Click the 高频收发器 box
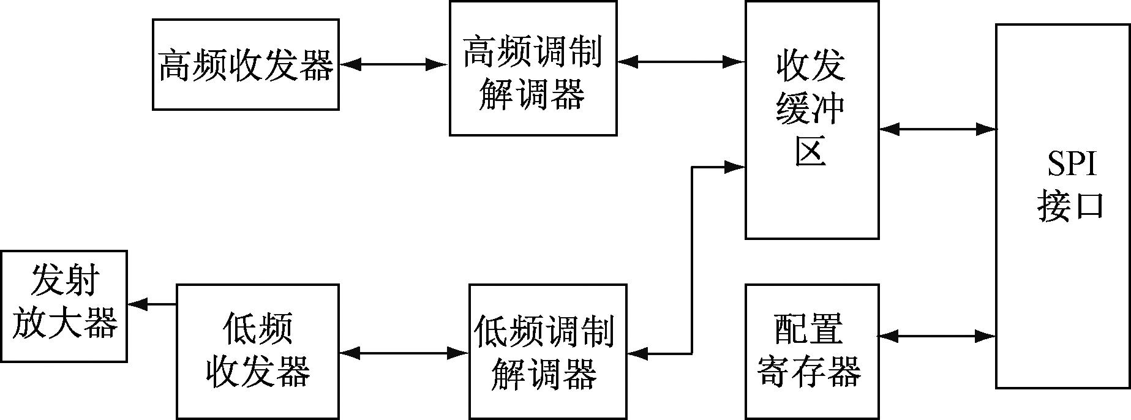(246, 65)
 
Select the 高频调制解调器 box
(533, 69)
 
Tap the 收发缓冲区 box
(811, 120)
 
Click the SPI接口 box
(1062, 206)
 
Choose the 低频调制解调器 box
(547, 351)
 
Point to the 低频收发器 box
(257, 351)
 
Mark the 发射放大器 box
(64, 306)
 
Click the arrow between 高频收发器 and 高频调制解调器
(394, 64)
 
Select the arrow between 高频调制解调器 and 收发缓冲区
(680, 61)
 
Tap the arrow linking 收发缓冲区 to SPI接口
(937, 129)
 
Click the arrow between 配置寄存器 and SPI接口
(937, 336)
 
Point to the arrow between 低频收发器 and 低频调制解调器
(404, 353)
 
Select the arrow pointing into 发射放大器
(151, 304)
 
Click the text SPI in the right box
(1071, 164)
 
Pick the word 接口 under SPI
(1070, 206)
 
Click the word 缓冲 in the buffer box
(811, 108)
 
